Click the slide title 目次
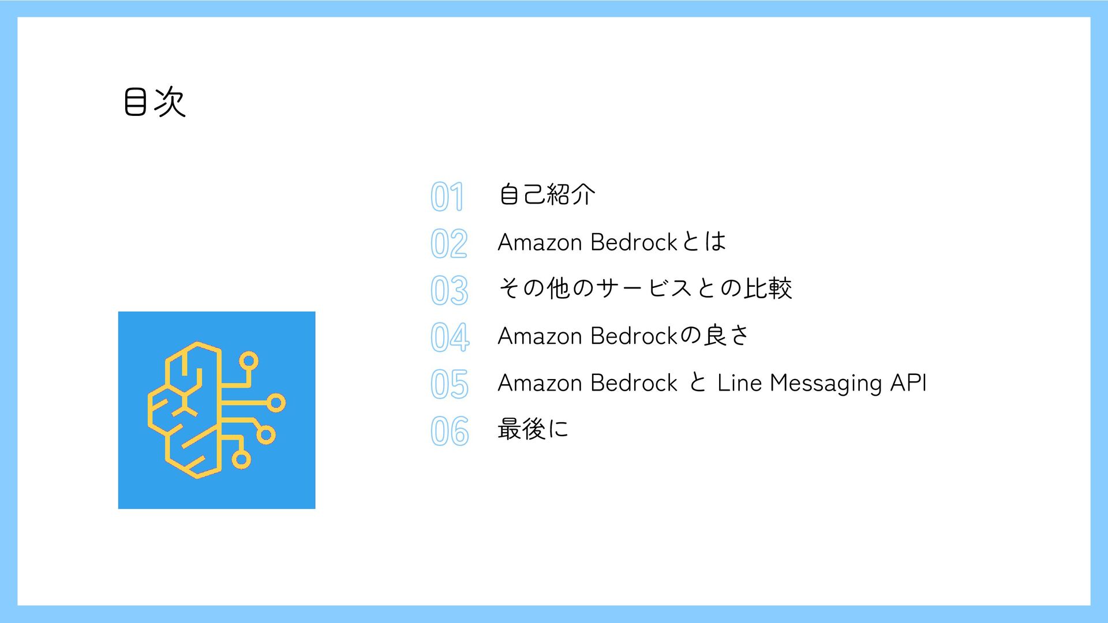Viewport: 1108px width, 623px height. [x=155, y=103]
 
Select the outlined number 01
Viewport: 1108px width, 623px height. [x=447, y=196]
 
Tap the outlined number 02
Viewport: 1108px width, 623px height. [x=449, y=243]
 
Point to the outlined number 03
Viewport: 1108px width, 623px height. [x=449, y=290]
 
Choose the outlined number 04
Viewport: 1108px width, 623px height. [x=450, y=337]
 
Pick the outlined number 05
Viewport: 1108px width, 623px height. [x=450, y=384]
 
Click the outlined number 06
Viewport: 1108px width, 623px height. [x=450, y=431]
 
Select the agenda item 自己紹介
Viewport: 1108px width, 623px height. [x=546, y=194]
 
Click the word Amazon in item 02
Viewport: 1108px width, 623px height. [x=540, y=242]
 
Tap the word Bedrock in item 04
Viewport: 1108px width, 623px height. [x=634, y=336]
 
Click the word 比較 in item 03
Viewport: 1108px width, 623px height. [x=768, y=288]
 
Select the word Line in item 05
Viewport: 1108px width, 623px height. [x=739, y=383]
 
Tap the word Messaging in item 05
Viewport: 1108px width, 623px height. [x=826, y=383]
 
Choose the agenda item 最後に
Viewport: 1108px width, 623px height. [x=533, y=429]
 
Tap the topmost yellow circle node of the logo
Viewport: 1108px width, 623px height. [x=249, y=361]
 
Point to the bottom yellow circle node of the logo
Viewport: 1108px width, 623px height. [x=241, y=460]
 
